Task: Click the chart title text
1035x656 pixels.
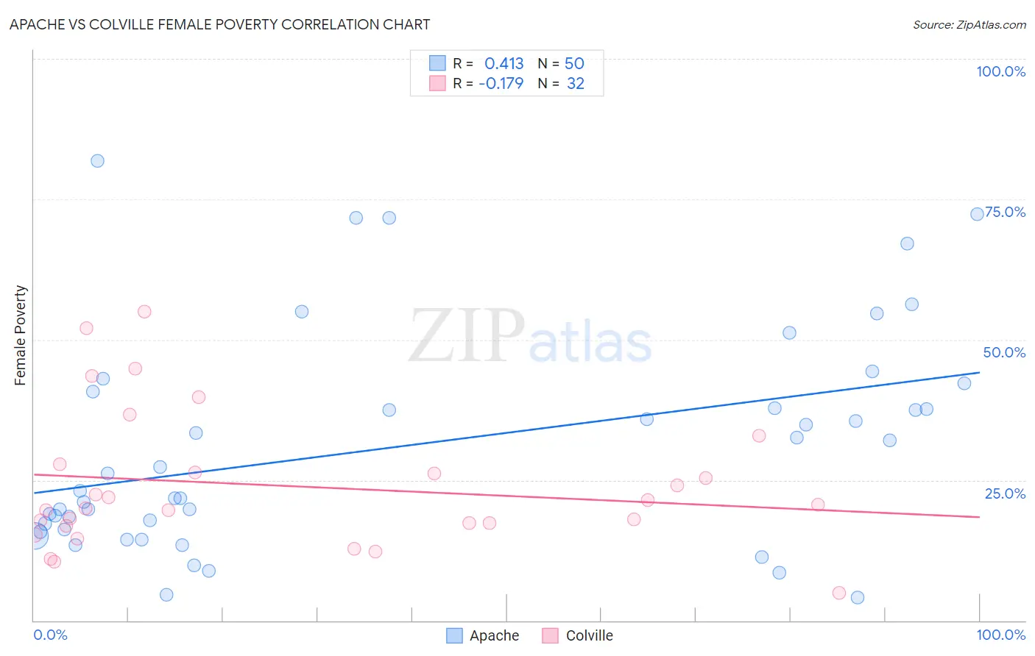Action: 219,24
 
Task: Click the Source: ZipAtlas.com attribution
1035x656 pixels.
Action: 969,24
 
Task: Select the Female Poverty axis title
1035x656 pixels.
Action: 20,335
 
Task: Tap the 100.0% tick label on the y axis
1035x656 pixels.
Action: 1000,71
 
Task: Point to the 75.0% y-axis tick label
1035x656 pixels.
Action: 1005,212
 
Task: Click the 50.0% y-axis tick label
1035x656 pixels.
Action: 1003,352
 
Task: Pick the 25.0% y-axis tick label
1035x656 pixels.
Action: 1005,493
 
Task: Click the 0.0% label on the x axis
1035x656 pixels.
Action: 50,635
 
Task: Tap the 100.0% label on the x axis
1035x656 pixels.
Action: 1000,635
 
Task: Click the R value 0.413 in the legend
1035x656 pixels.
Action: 504,63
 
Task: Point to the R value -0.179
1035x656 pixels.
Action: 501,83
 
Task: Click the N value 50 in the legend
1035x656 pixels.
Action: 574,63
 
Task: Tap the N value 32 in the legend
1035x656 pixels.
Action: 575,83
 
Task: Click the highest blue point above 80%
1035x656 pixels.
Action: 97,161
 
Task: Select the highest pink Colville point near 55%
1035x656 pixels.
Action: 144,312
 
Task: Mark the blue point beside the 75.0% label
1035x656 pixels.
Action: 977,214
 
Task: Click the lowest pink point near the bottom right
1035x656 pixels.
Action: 838,593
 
